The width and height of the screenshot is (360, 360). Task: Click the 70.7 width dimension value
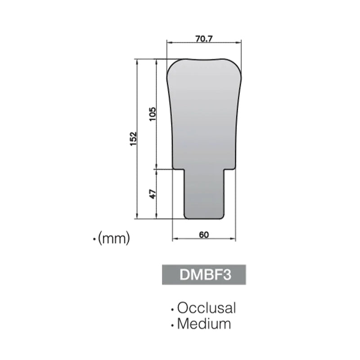tap(204, 39)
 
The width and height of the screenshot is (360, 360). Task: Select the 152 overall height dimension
tap(133, 139)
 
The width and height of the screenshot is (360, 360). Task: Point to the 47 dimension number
tap(153, 194)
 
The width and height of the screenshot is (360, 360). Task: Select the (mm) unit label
tap(113, 238)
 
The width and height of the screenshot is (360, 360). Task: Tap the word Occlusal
tap(207, 308)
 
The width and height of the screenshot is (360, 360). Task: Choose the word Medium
tap(204, 324)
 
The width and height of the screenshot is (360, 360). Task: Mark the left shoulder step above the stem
tap(179, 169)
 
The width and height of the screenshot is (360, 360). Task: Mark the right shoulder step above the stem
tap(230, 169)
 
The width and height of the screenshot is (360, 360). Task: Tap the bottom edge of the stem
tap(205, 219)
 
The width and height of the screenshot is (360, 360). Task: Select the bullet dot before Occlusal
tap(172, 310)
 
